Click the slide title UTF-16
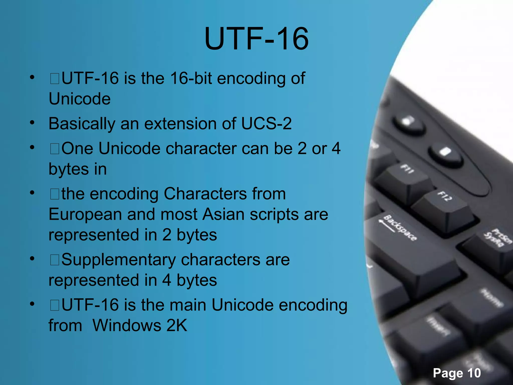click(256, 39)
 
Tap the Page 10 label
click(457, 373)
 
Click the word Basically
click(82, 124)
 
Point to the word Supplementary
click(118, 260)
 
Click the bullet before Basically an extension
click(32, 123)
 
